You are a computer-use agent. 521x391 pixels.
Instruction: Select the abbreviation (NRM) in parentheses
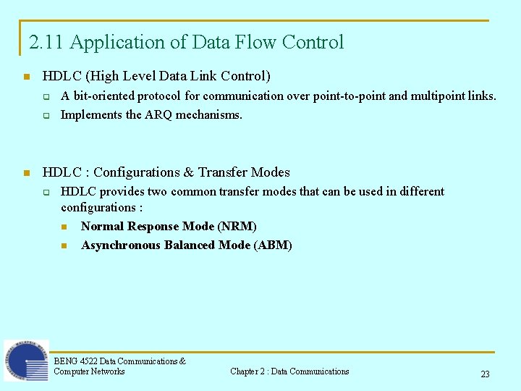coord(237,227)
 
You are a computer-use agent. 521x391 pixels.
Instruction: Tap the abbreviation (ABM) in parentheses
coord(273,245)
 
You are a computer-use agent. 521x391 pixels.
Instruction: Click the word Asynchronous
coord(121,245)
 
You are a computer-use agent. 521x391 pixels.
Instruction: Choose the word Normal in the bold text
coord(101,227)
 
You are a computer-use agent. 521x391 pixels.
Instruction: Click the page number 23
coord(485,374)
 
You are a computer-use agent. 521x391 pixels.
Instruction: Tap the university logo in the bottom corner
coord(26,361)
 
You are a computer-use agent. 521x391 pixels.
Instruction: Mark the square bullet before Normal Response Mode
coord(64,227)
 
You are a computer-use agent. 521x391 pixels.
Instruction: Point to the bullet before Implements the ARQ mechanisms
coord(45,115)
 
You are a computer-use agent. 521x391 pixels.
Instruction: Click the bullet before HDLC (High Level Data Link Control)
coord(26,76)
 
